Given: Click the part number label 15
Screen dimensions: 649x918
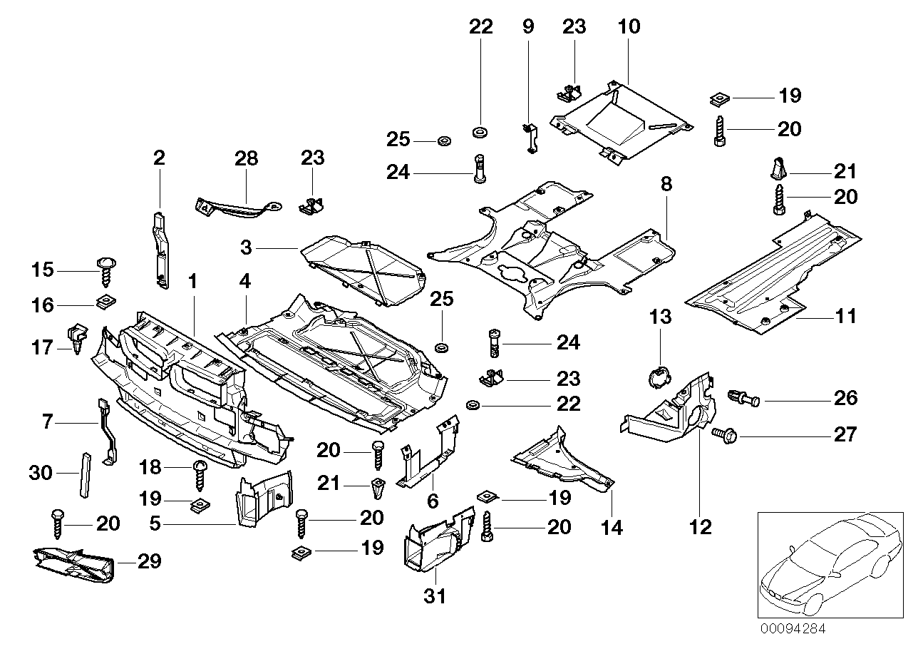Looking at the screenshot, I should tap(43, 270).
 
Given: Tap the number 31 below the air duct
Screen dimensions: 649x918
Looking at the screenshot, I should tap(435, 596).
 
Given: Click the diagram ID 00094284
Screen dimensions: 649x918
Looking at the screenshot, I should tap(795, 629).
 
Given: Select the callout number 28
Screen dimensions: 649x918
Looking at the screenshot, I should tap(246, 158).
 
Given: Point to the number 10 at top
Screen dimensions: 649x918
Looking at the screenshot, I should tap(629, 27).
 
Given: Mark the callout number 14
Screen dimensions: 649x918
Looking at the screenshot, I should tap(612, 528).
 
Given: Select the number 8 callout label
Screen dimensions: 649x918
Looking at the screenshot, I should tap(666, 185).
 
